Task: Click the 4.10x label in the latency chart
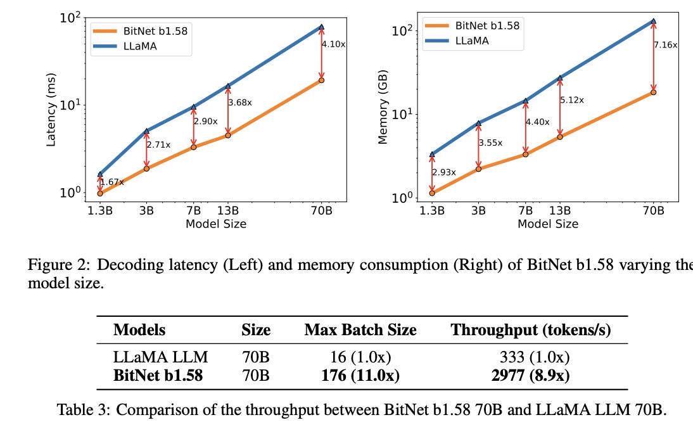[334, 44]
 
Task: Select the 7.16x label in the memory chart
[666, 45]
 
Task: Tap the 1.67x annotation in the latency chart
[112, 182]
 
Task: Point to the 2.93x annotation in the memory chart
[444, 172]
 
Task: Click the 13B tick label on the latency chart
[227, 210]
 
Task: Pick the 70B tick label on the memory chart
[653, 210]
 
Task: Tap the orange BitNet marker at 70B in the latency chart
[321, 80]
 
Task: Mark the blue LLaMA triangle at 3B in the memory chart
[478, 123]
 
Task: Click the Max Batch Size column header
[360, 330]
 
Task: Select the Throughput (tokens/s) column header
[530, 330]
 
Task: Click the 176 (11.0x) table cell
[360, 375]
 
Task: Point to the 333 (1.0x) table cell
[530, 357]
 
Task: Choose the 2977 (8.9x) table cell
[530, 375]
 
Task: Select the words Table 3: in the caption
[82, 409]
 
